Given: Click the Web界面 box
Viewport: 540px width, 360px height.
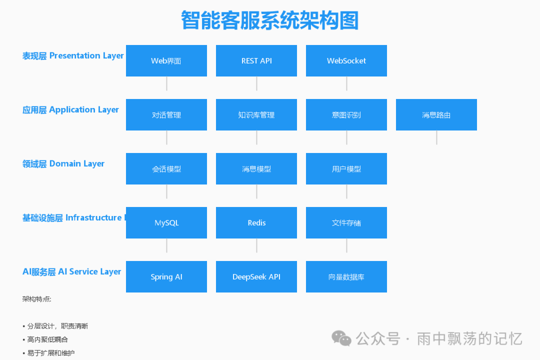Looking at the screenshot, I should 166,60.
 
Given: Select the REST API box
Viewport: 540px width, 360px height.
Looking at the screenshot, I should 256,60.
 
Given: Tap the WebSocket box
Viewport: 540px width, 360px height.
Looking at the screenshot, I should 346,60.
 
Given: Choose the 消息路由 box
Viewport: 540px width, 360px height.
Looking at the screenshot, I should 436,114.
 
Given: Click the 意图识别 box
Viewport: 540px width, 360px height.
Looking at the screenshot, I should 346,114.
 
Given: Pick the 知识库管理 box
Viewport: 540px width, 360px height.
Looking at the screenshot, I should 256,114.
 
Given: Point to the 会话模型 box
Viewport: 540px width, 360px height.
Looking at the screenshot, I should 166,168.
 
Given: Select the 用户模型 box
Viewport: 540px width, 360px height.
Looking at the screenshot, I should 346,168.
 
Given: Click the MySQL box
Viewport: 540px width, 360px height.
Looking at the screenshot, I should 166,222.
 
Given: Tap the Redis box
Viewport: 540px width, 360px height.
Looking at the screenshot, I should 256,222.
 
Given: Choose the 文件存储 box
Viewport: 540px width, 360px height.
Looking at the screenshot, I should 346,222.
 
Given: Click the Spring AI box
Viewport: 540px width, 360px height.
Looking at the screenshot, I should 166,276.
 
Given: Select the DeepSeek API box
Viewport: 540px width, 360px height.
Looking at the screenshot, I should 256,276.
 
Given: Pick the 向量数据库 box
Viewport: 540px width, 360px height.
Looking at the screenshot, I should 346,276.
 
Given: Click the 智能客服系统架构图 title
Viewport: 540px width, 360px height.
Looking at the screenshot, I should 269,21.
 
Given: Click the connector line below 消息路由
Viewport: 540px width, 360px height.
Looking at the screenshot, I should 436,137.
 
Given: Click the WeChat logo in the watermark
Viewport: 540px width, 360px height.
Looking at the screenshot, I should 342,338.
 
